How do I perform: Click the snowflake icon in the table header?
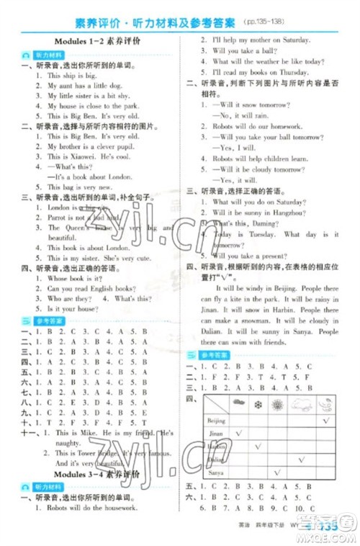point(258,405)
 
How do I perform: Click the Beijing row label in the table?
point(216,420)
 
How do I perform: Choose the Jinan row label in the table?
point(215,435)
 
